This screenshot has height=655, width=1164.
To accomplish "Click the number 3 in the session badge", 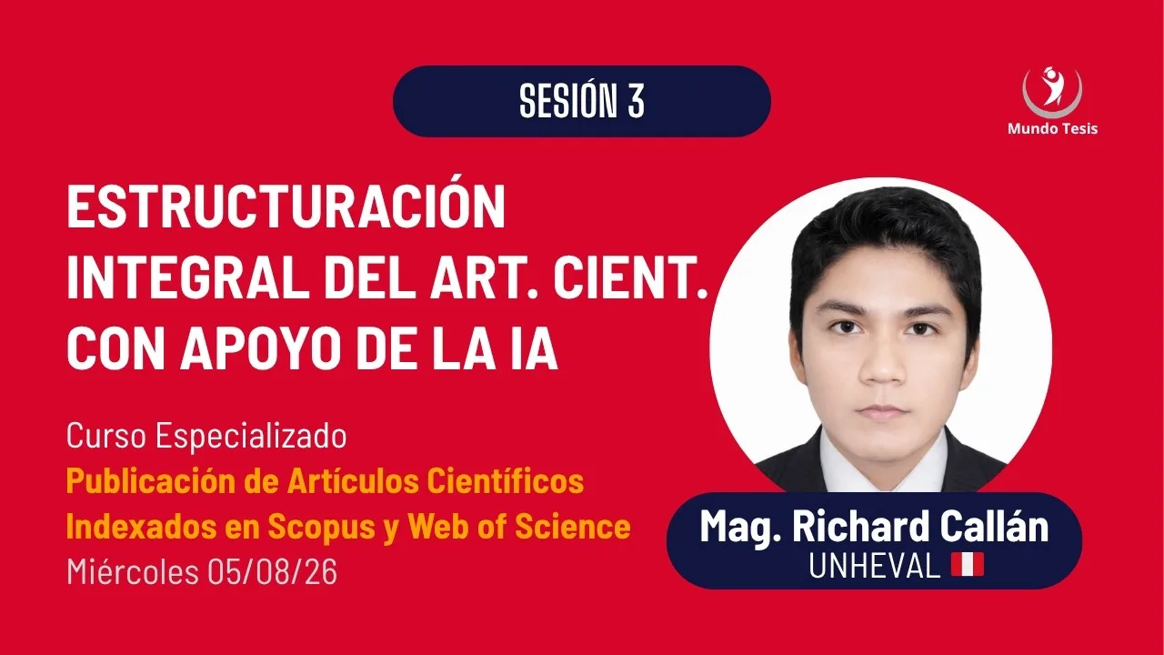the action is (636, 101).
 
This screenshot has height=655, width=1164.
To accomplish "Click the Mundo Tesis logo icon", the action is (1052, 93).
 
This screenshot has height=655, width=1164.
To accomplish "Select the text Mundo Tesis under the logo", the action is (1052, 128).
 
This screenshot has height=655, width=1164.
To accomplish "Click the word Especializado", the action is (251, 436).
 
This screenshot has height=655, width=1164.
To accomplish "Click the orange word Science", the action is (573, 526).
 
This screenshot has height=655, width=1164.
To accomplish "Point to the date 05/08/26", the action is (272, 572).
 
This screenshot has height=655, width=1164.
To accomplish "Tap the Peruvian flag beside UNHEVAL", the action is (968, 565).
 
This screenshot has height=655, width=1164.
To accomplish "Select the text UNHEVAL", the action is (875, 565).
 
